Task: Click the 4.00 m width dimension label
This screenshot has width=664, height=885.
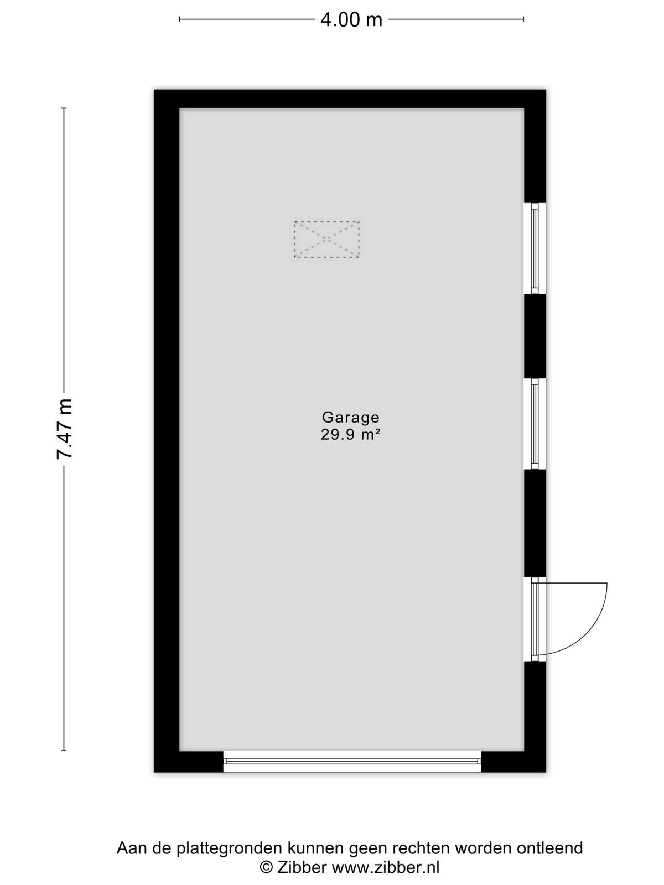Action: click(x=351, y=19)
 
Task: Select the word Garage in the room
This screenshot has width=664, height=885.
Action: click(x=351, y=417)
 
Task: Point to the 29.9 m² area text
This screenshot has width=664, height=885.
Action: click(x=351, y=435)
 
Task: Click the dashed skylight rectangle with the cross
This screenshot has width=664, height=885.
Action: click(x=326, y=239)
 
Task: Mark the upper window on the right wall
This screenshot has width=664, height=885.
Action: click(x=535, y=248)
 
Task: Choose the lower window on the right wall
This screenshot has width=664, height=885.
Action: click(x=535, y=424)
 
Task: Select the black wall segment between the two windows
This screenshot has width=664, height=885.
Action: click(x=535, y=336)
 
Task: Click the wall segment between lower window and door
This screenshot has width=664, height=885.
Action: click(x=535, y=523)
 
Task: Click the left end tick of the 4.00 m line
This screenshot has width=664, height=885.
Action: click(x=179, y=19)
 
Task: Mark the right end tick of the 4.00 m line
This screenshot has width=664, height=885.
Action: click(x=523, y=19)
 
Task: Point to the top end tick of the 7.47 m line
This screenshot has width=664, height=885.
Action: click(x=64, y=108)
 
